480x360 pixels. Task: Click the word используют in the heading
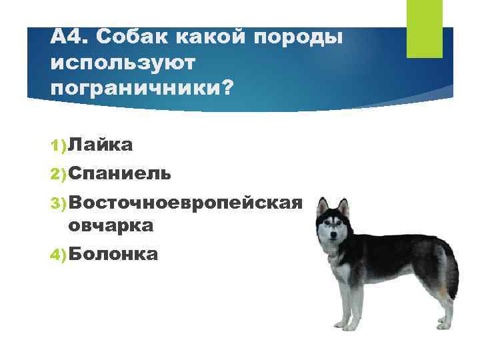123,63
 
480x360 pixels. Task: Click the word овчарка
111,225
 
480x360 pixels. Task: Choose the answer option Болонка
113,253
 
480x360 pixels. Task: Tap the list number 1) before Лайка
58,145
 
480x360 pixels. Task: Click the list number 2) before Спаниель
58,174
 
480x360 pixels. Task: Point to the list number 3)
58,202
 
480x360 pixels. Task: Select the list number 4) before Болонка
58,254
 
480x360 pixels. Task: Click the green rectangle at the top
424,28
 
